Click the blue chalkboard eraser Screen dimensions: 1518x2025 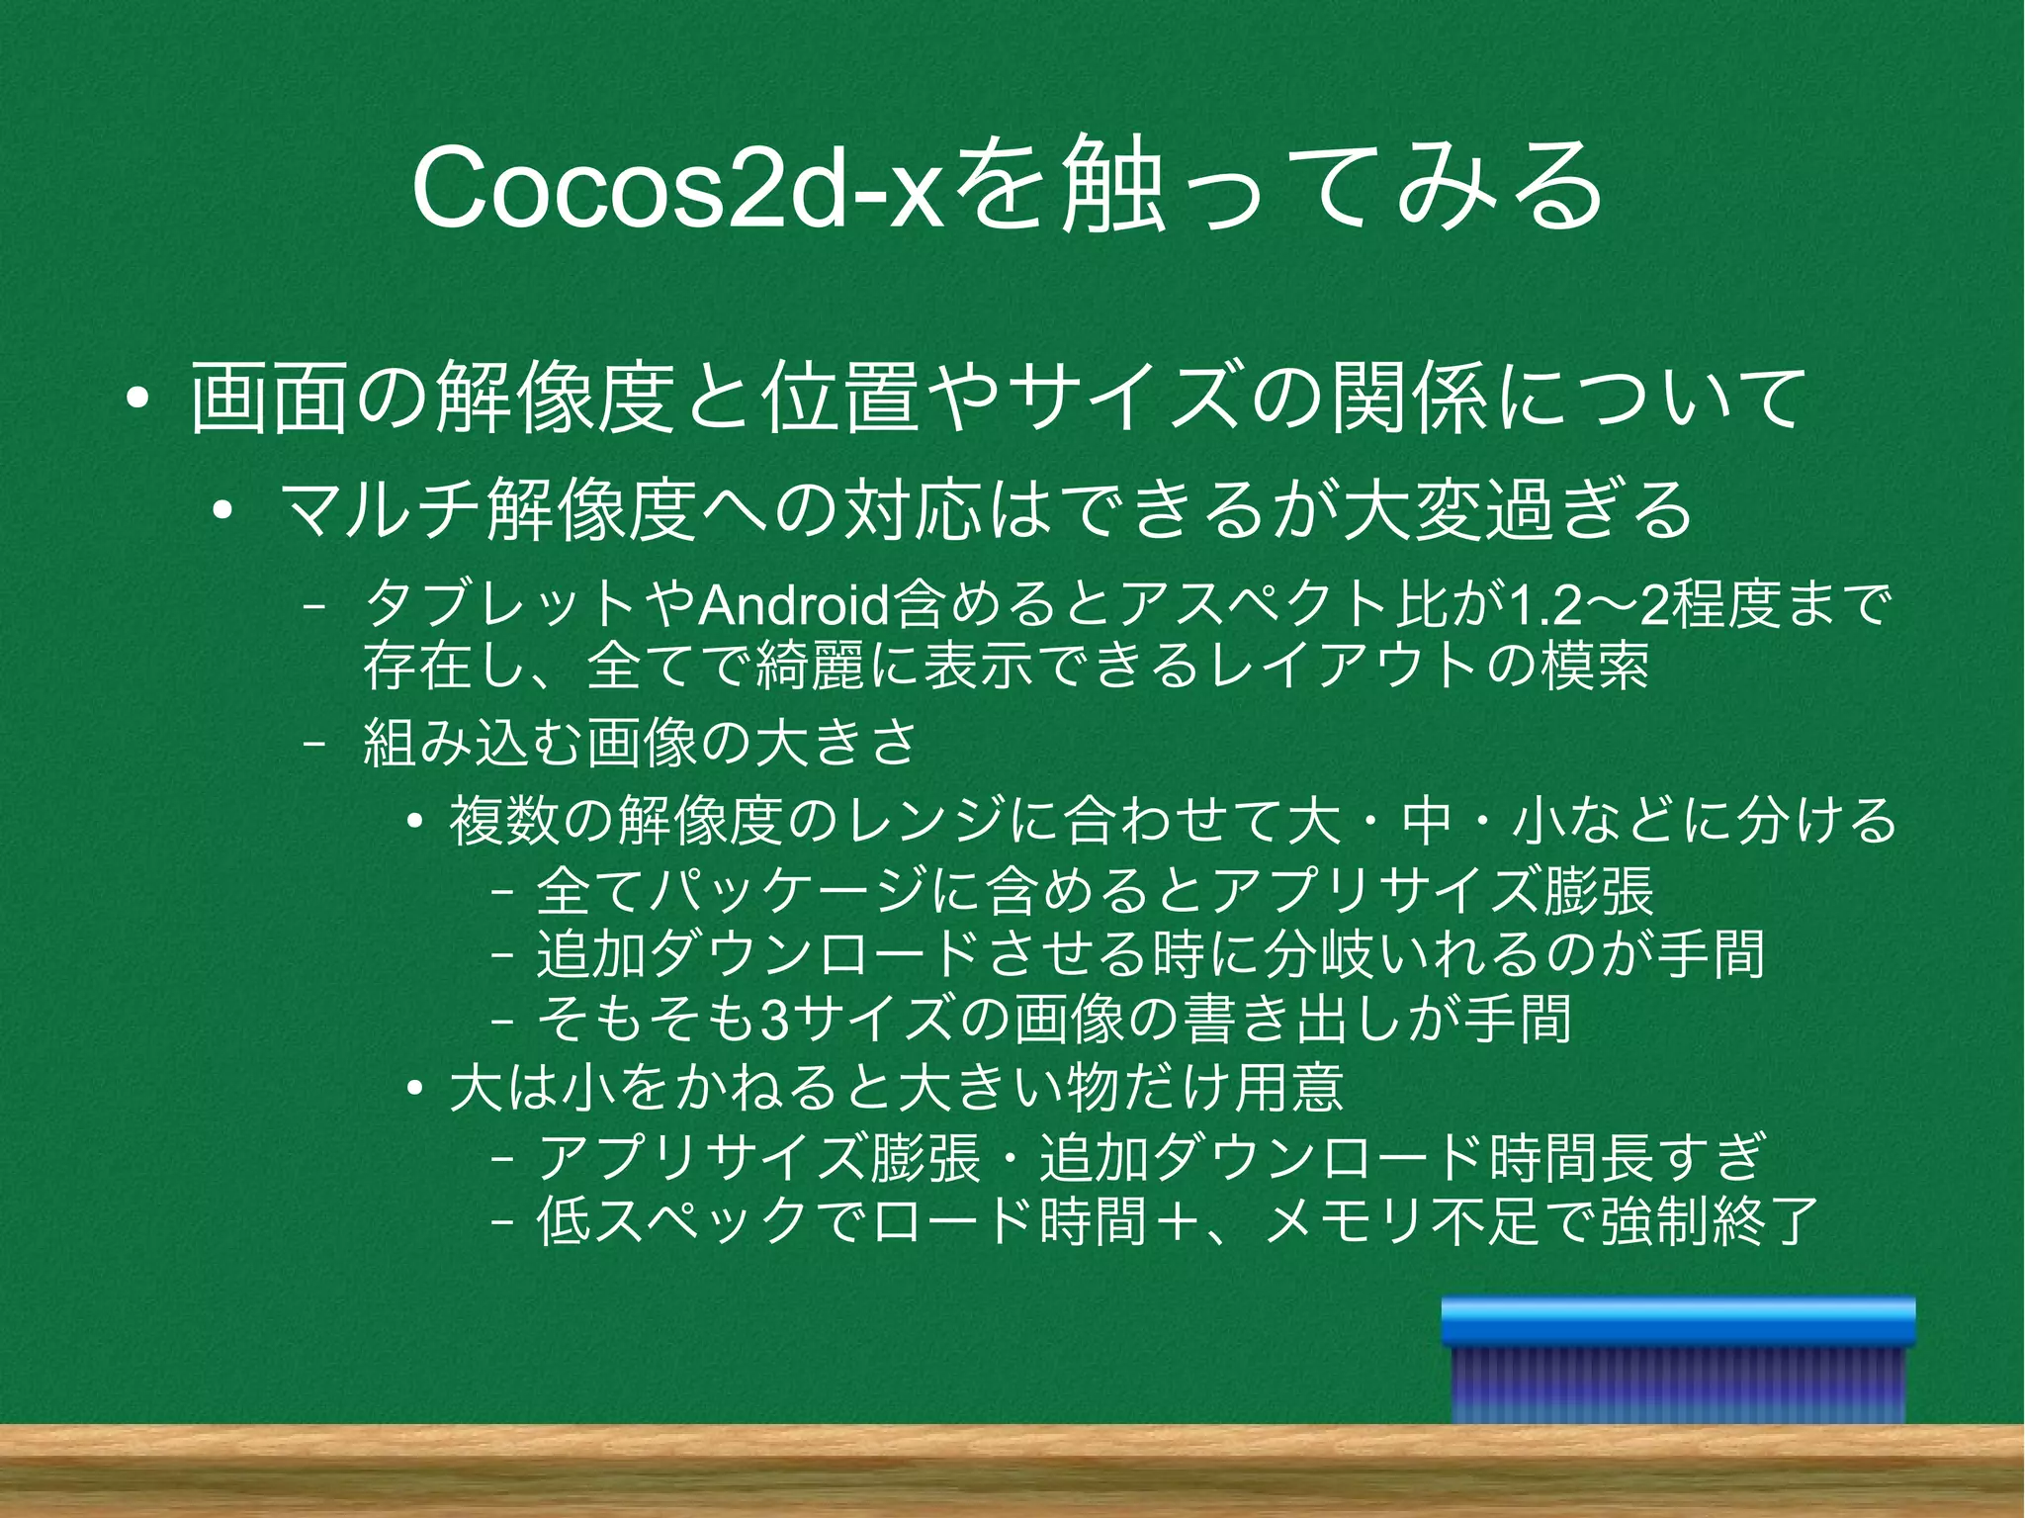(x=1678, y=1360)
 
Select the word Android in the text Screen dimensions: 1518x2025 (x=793, y=606)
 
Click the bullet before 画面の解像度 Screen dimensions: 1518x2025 (x=137, y=401)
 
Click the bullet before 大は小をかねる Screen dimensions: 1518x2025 (x=415, y=1089)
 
